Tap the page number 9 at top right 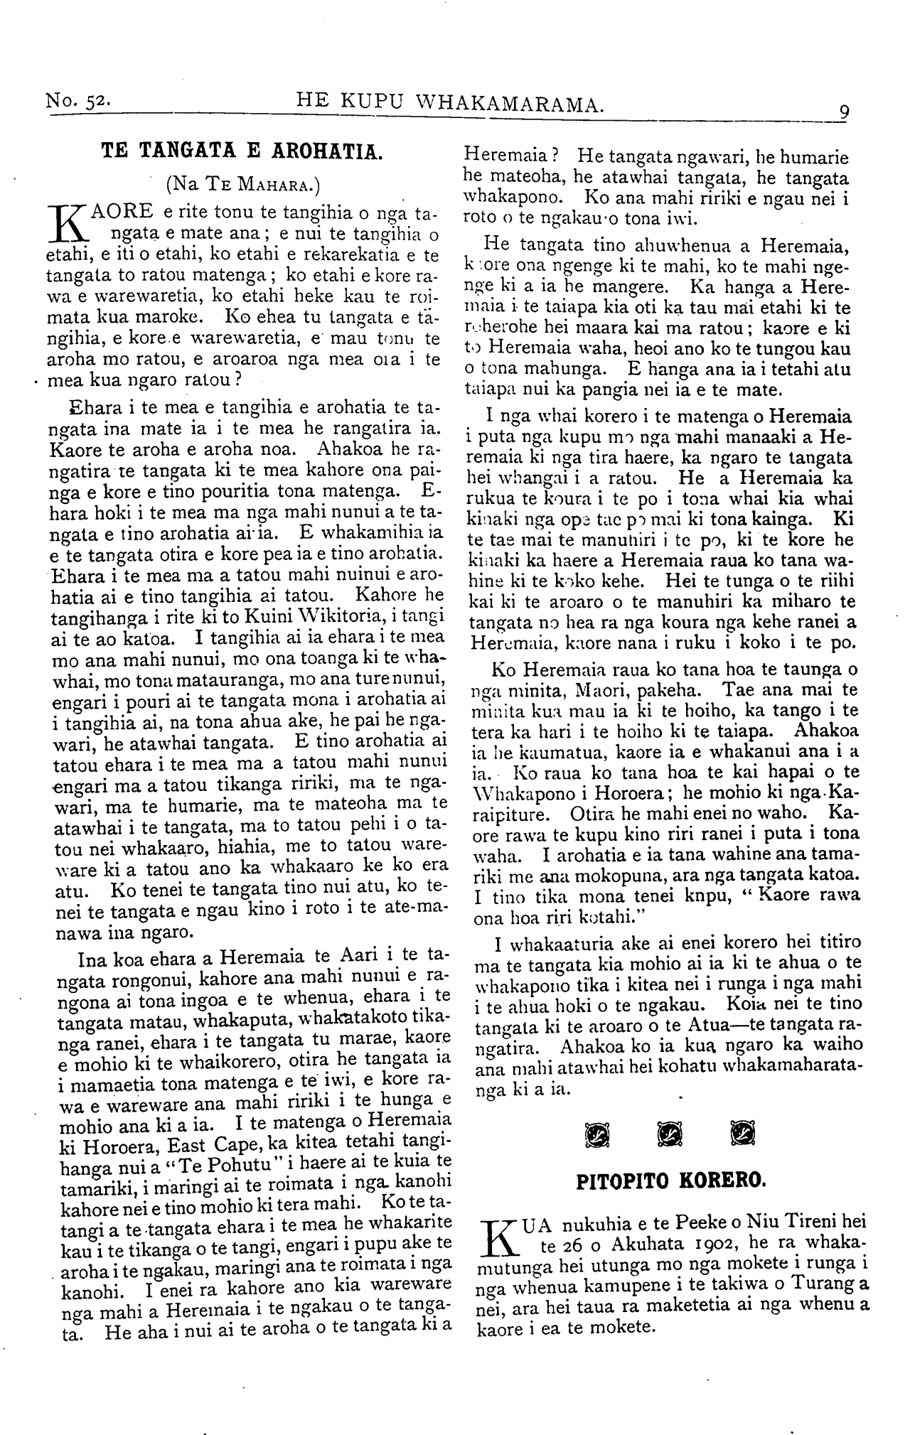coord(844,112)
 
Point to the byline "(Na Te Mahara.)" coord(242,185)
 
